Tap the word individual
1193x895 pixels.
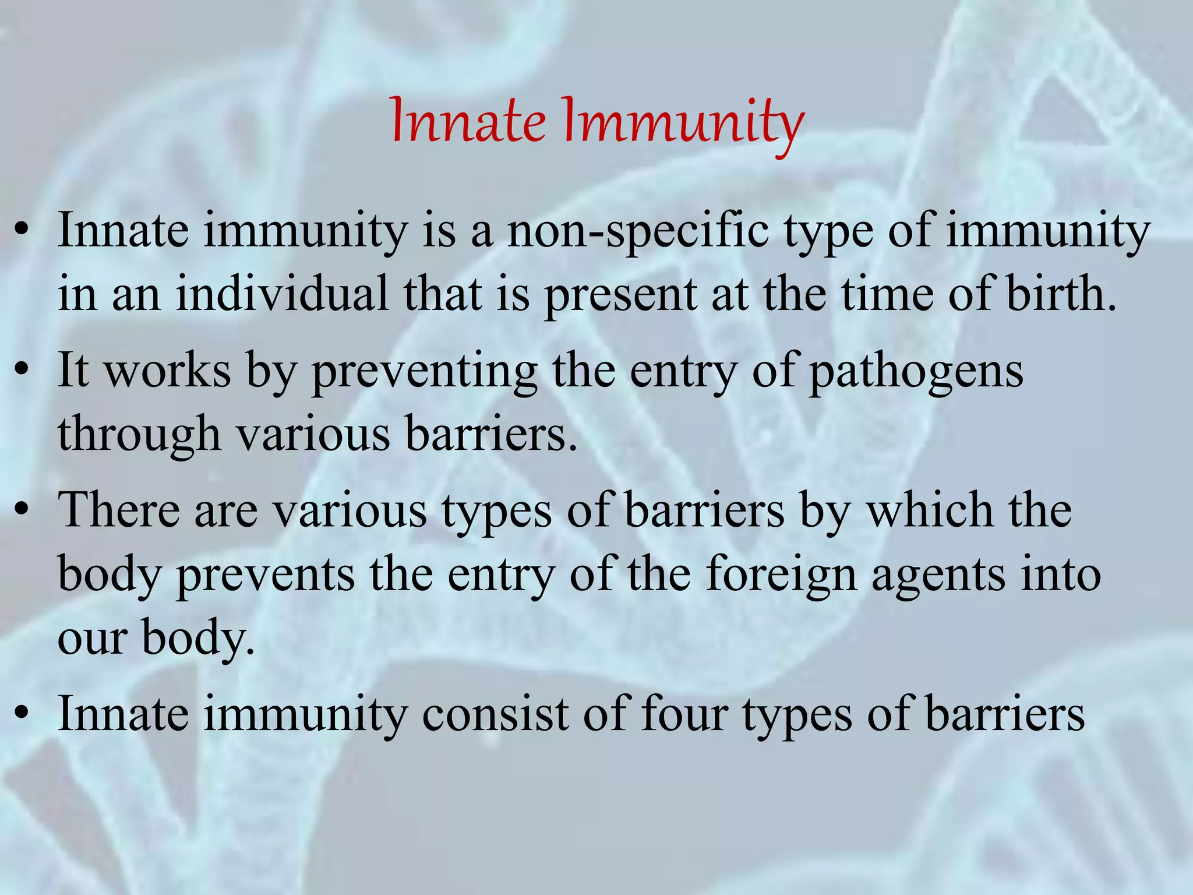pos(282,293)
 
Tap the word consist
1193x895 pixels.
pos(495,713)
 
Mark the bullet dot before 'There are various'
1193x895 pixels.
pos(22,510)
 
